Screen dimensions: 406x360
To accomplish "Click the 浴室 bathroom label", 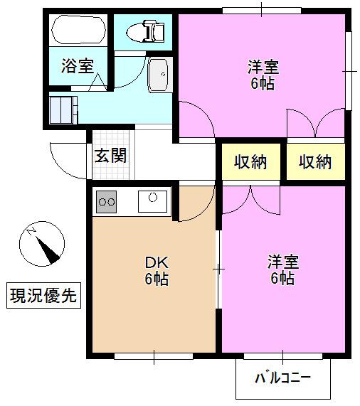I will click(77, 67).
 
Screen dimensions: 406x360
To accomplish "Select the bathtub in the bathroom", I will click(79, 31).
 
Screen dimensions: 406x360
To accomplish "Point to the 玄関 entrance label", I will click(111, 155).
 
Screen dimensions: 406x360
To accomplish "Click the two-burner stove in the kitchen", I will click(107, 202).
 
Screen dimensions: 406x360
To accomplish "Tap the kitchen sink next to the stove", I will click(152, 201).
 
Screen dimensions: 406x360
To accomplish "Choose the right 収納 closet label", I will click(315, 162).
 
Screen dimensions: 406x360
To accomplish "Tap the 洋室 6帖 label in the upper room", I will click(263, 75).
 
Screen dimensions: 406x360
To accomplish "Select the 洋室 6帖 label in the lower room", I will click(282, 269).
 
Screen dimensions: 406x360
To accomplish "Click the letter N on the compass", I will click(31, 232).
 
